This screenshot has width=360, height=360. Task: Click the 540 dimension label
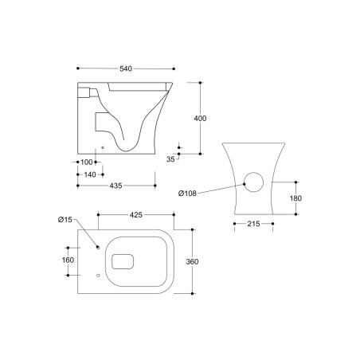coord(126,69)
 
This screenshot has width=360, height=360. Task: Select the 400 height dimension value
coord(200,119)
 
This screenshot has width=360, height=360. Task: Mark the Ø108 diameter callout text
coord(188,193)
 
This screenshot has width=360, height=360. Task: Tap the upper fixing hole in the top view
coord(97,247)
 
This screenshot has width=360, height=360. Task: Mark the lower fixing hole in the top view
coord(97,275)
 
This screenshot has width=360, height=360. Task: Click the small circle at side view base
coord(104,148)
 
